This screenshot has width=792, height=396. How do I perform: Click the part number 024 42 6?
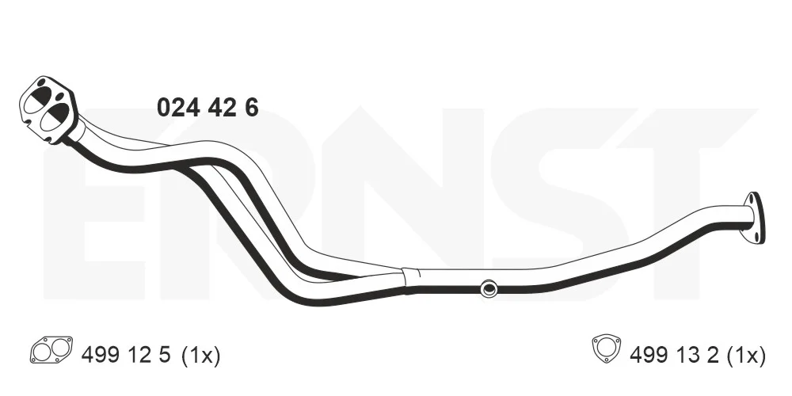coord(208,108)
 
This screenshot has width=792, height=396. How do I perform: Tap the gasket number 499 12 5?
coord(126,356)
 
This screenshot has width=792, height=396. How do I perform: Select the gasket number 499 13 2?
coord(674,356)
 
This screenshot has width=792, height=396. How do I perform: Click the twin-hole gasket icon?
coord(51,349)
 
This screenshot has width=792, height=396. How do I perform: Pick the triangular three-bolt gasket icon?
coord(606,348)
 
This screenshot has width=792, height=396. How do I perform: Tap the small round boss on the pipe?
coord(488,288)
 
